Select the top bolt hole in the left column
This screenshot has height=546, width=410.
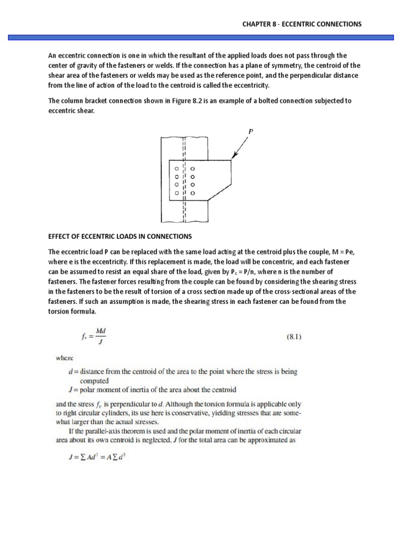pos(175,168)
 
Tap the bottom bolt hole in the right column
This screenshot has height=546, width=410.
pos(193,192)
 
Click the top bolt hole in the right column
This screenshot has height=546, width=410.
pos(193,168)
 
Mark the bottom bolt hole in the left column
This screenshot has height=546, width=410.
pos(175,192)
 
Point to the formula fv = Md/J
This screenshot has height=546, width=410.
pos(93,336)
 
